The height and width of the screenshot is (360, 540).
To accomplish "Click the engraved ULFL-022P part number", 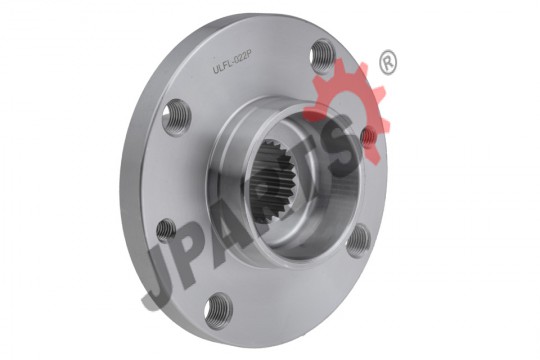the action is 230,64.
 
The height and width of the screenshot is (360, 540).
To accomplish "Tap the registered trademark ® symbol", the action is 388,62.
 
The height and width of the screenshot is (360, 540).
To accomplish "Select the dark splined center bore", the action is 272,179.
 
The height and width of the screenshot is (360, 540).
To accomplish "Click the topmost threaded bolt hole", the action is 322,56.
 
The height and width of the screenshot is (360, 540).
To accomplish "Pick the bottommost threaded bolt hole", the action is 218,310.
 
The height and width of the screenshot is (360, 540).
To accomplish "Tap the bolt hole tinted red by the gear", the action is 368,135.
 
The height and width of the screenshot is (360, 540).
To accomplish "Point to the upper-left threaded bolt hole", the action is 176,117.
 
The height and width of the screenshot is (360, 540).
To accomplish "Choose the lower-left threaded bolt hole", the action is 166,230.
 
